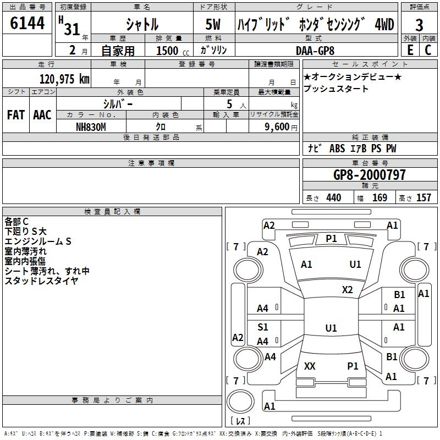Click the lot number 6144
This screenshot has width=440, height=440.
(x=27, y=25)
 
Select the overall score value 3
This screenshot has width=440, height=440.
(x=419, y=25)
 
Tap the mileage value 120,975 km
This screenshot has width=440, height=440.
(x=64, y=79)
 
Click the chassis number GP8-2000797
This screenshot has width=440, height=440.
(x=370, y=175)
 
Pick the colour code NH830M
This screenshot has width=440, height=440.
(x=91, y=126)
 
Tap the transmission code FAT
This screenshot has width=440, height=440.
(x=15, y=115)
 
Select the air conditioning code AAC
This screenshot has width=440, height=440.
(x=42, y=115)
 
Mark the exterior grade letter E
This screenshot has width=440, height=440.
(x=410, y=50)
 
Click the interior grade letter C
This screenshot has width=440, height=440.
(x=427, y=50)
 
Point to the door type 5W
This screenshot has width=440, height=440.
(x=214, y=25)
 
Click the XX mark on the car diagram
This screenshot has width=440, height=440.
(x=310, y=366)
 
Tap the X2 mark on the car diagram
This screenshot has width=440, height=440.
(x=348, y=289)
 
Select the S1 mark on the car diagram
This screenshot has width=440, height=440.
(x=263, y=327)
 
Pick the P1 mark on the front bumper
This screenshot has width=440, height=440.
(x=331, y=238)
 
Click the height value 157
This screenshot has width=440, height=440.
(x=424, y=197)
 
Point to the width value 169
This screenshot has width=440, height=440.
(x=380, y=197)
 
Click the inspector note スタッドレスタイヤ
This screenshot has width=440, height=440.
(x=41, y=281)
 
